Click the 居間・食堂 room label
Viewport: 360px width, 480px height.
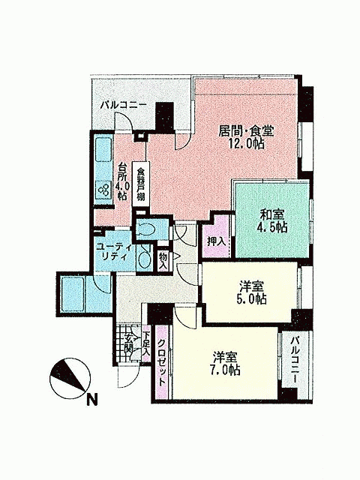click(246, 131)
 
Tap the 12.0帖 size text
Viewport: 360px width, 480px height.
click(247, 143)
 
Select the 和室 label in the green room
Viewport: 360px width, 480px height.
click(272, 214)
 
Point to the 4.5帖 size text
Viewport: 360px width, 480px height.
click(272, 227)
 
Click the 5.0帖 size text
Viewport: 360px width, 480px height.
click(251, 298)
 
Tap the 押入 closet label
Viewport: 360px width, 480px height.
click(217, 241)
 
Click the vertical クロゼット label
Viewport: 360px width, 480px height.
click(162, 363)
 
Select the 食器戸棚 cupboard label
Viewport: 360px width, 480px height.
click(140, 184)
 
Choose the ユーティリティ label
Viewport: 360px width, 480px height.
click(115, 252)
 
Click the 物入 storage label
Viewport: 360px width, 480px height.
click(163, 260)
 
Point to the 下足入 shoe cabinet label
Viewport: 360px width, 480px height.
click(147, 343)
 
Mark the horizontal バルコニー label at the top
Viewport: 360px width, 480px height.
click(124, 105)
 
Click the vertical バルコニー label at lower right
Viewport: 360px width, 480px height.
click(295, 359)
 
